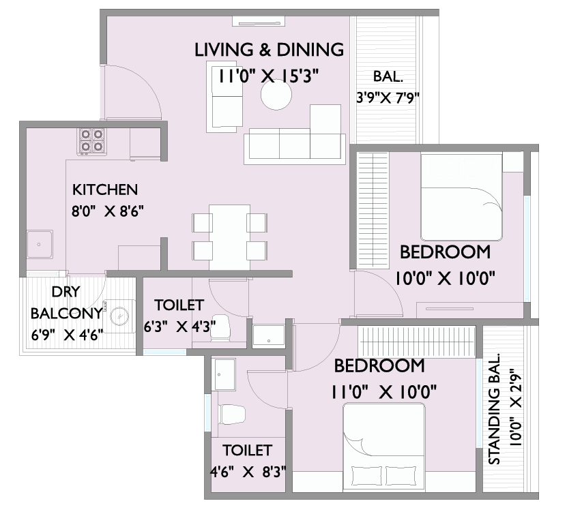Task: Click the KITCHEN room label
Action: tap(105, 190)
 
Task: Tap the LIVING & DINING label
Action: tap(269, 50)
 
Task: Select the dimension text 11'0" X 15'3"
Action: tap(268, 77)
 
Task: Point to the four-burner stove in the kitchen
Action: tap(91, 142)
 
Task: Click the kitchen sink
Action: tap(40, 244)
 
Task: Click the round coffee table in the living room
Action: tap(276, 95)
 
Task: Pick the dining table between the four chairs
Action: tap(229, 237)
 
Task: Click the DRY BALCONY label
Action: tap(66, 303)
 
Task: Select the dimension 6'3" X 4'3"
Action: tap(179, 327)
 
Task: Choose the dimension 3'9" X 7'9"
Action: tap(388, 98)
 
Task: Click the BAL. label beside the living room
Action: tap(388, 76)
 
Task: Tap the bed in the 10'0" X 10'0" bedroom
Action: tap(461, 197)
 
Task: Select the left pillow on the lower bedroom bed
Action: tap(366, 476)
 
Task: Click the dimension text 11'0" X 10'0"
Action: tap(383, 392)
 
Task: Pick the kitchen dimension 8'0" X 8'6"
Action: tap(108, 211)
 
